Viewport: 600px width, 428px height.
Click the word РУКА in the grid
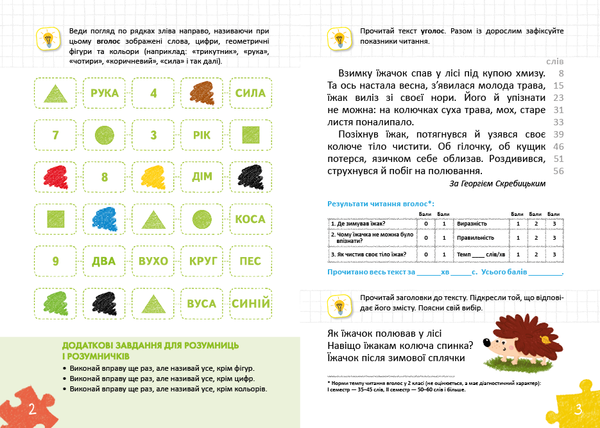[x=105, y=93]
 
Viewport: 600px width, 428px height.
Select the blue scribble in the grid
[x=105, y=219]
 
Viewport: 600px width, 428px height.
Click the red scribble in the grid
[x=55, y=177]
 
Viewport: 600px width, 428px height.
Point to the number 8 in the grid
[x=105, y=177]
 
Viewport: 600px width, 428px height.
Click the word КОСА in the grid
[x=250, y=219]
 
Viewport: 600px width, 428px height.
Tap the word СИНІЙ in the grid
[x=250, y=303]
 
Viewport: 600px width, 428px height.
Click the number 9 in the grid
[x=55, y=261]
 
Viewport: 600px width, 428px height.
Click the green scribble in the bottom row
[x=55, y=303]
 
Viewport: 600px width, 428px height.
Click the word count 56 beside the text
[x=558, y=171]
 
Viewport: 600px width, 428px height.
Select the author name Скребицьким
[x=518, y=184]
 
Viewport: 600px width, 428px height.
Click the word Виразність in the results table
[x=473, y=224]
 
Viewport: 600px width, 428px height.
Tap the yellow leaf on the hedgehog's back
[x=544, y=338]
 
